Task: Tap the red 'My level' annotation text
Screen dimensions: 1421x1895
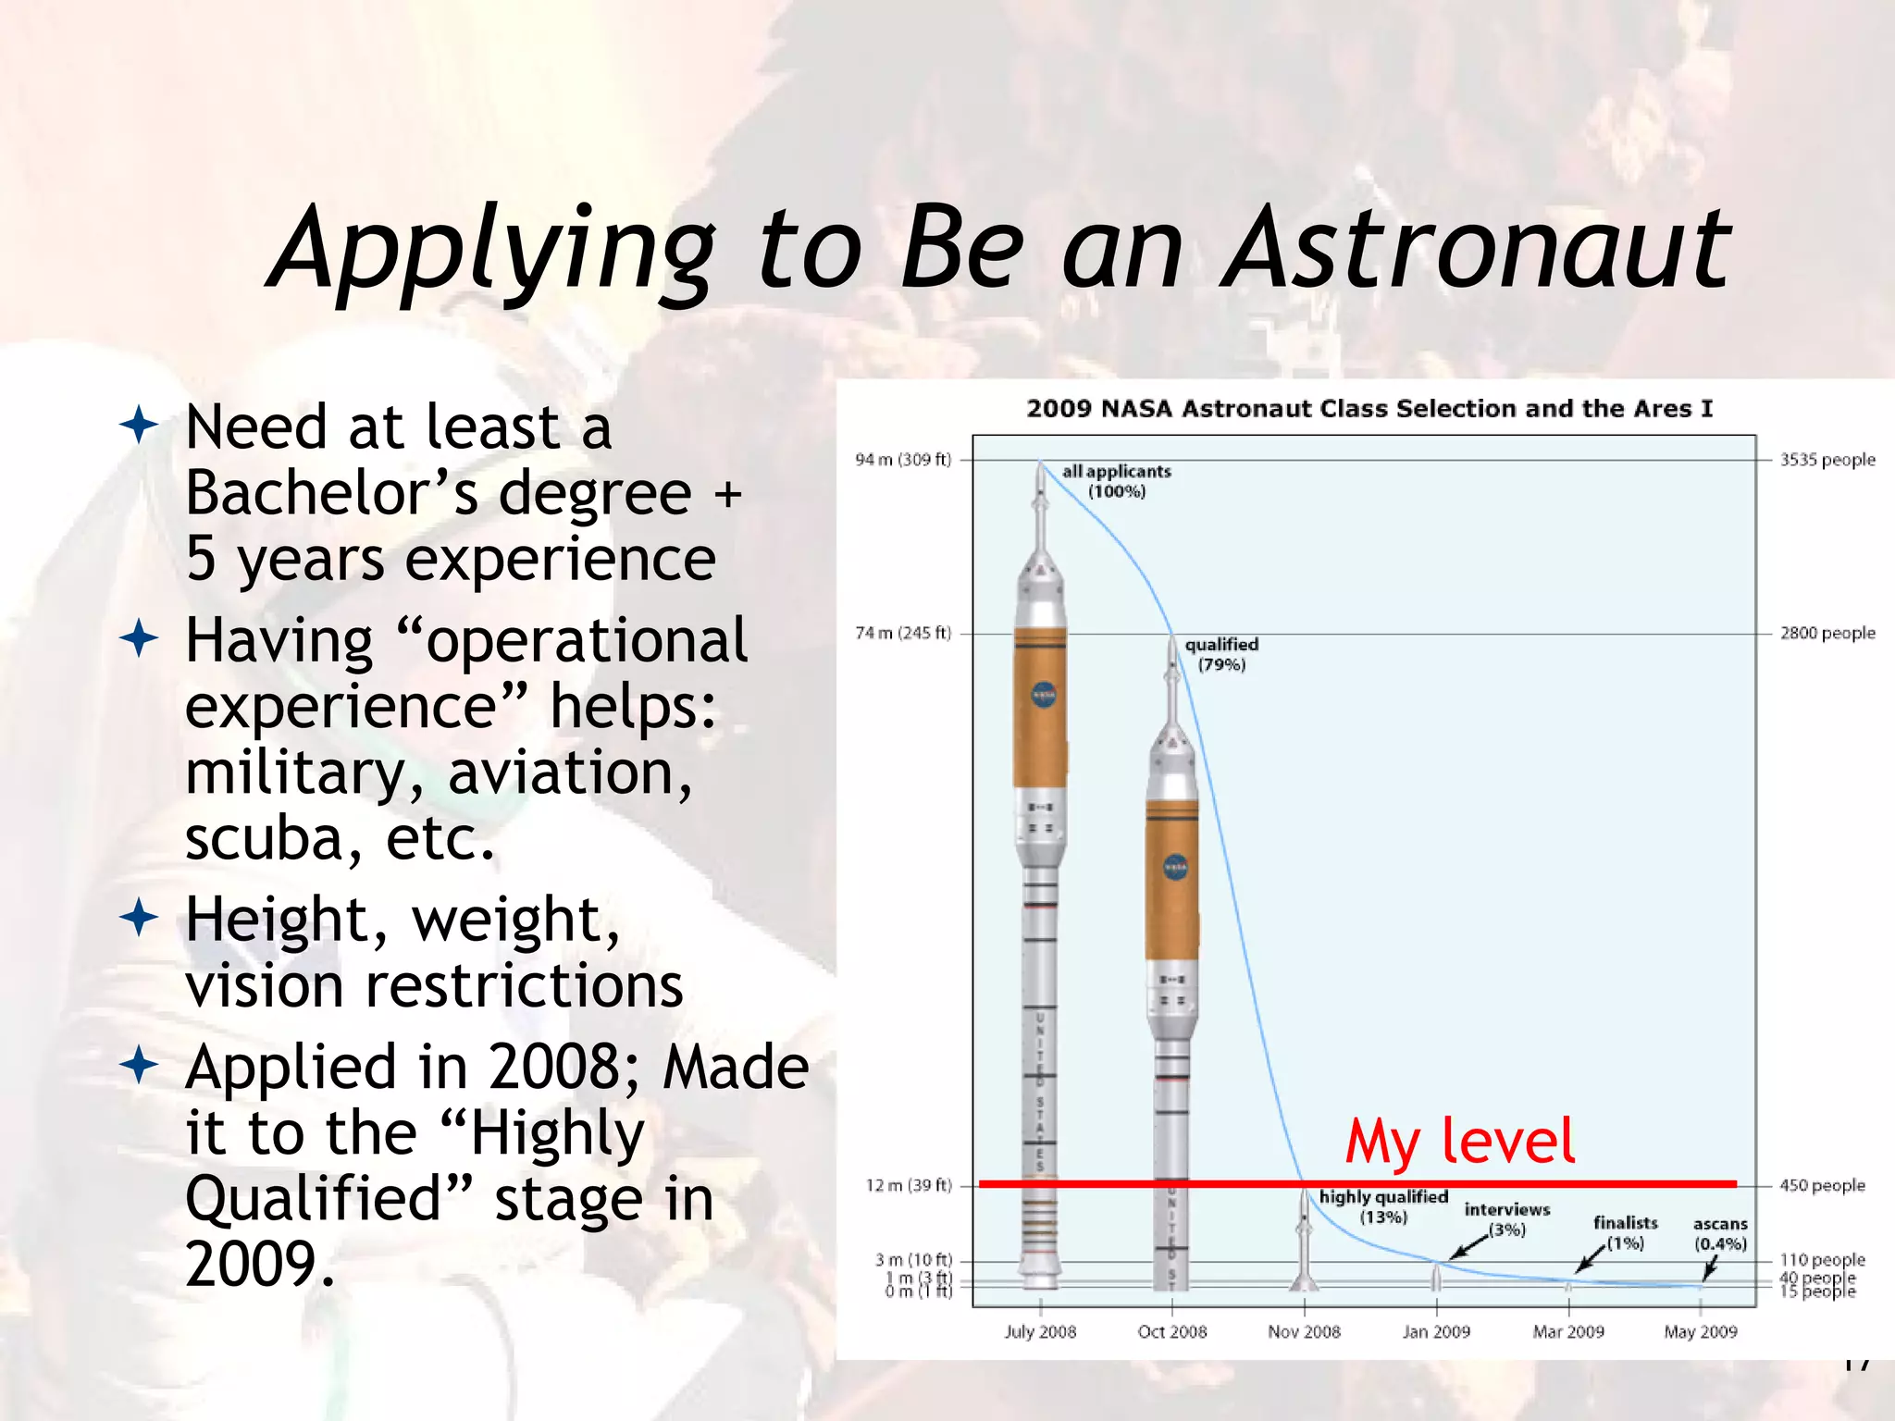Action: click(x=1459, y=1141)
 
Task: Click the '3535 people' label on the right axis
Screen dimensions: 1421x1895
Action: click(x=1827, y=460)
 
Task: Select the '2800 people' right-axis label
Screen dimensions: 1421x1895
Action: click(x=1827, y=633)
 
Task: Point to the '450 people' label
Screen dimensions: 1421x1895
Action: click(x=1821, y=1185)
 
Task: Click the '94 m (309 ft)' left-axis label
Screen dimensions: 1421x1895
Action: click(x=903, y=460)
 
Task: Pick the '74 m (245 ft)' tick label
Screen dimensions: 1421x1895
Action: click(x=903, y=633)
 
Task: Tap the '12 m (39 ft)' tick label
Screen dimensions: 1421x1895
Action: click(x=909, y=1185)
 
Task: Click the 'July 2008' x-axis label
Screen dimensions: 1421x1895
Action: click(x=1040, y=1331)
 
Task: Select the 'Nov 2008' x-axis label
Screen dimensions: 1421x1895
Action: click(x=1304, y=1331)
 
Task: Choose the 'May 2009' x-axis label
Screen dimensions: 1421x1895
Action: click(x=1700, y=1331)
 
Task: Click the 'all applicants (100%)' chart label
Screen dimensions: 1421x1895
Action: click(x=1116, y=481)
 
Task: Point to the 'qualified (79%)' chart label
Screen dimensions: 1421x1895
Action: click(x=1221, y=654)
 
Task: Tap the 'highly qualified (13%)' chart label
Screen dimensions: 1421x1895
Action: click(x=1383, y=1206)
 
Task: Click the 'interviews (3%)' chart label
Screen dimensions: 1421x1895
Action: click(x=1506, y=1218)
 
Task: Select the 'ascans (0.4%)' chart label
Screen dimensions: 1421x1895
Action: click(x=1720, y=1233)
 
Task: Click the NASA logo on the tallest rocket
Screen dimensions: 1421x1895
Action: click(x=1043, y=695)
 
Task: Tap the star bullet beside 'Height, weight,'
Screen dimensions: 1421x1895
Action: click(x=139, y=920)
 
